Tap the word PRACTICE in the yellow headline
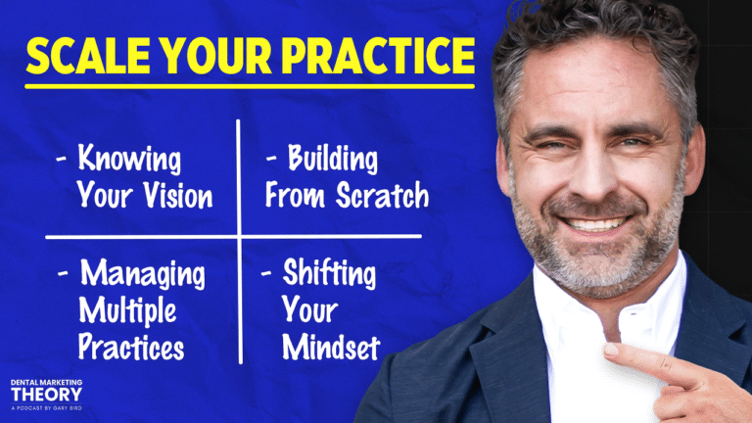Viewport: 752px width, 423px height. coord(378,56)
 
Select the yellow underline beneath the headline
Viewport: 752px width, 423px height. coord(250,87)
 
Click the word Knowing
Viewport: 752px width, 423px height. coord(129,159)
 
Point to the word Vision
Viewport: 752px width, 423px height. coord(178,196)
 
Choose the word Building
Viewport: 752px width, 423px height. coord(332,159)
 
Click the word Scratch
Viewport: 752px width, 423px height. coord(382,195)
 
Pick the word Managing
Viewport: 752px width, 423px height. coord(142,274)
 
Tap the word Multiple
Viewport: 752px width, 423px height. coord(127,310)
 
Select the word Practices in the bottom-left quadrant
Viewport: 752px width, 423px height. coord(131,347)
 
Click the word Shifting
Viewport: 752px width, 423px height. coord(329,273)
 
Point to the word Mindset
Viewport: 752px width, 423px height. coord(331,347)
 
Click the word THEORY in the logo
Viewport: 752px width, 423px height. coord(47,395)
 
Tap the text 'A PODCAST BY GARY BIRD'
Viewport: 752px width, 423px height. coord(47,408)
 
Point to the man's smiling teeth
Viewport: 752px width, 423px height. coord(594,224)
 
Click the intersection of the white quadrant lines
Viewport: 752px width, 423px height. coord(239,236)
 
